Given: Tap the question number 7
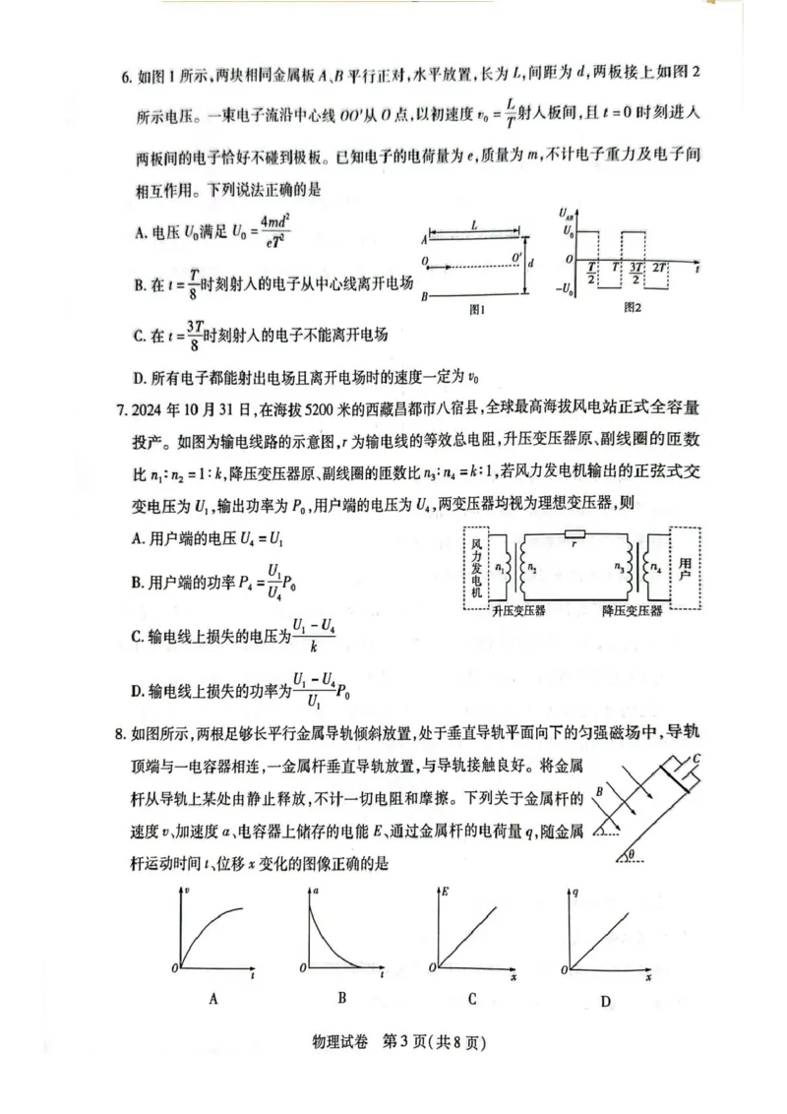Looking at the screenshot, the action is click(x=124, y=406).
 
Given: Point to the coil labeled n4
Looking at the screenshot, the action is click(x=654, y=568).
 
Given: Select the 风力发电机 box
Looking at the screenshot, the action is click(x=475, y=568).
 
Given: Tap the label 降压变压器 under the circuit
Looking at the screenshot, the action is click(x=632, y=611).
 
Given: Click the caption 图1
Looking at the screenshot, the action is click(x=478, y=308).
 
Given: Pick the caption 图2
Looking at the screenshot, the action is click(x=633, y=307).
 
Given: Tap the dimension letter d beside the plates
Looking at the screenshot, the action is click(x=532, y=264).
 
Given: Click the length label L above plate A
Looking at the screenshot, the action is click(x=474, y=226).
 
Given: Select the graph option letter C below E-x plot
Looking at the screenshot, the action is click(x=472, y=998).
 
